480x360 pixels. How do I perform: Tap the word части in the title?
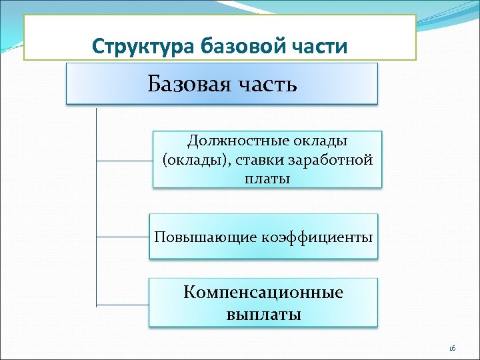pyautogui.click(x=322, y=47)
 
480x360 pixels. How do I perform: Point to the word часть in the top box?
pyautogui.click(x=265, y=85)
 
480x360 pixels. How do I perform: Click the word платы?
pyautogui.click(x=268, y=179)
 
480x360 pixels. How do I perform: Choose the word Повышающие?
pyautogui.click(x=198, y=237)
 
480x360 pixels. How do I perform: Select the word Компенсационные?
pyautogui.click(x=263, y=293)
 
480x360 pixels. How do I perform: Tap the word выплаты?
pyautogui.click(x=263, y=314)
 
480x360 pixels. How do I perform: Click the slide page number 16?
pyautogui.click(x=451, y=348)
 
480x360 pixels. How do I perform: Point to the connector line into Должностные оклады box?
pyautogui.click(x=125, y=160)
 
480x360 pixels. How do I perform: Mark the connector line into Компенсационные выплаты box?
pyautogui.click(x=122, y=304)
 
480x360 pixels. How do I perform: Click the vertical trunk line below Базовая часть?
pyautogui.click(x=97, y=200)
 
